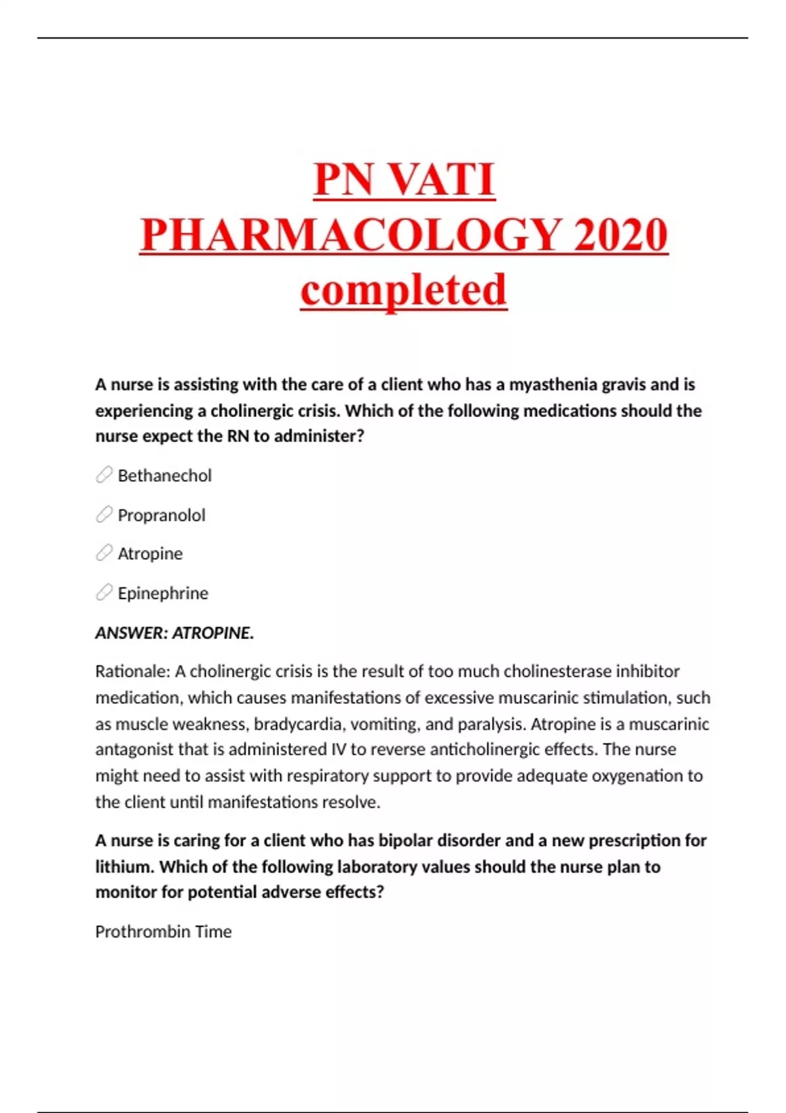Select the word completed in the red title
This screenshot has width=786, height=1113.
point(403,289)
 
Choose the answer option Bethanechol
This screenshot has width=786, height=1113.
point(164,475)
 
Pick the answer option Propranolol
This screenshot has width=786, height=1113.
point(161,515)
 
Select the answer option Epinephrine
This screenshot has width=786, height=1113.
point(162,593)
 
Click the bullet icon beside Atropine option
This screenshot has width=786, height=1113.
point(104,553)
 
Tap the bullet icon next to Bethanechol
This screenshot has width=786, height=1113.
point(104,475)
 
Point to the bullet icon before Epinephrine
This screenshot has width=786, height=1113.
point(104,593)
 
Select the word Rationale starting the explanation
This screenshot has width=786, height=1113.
point(132,672)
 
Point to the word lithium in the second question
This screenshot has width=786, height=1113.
point(124,867)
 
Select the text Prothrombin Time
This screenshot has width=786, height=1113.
point(163,932)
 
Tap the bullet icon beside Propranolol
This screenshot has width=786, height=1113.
point(104,515)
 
